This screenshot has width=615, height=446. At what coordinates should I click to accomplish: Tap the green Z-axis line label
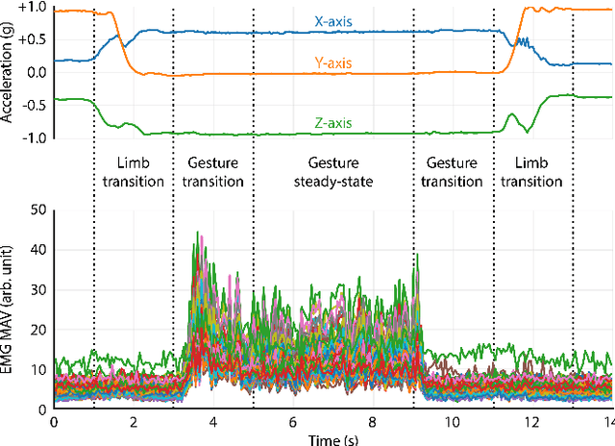click(332, 123)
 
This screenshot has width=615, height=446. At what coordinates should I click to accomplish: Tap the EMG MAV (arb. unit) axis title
click(12, 309)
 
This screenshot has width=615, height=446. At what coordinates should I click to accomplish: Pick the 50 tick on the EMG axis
click(38, 209)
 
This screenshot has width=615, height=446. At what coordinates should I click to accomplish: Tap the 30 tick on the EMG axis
click(38, 288)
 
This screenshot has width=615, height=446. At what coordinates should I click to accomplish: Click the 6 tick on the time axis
click(293, 421)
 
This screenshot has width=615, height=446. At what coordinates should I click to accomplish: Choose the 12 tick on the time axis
click(533, 421)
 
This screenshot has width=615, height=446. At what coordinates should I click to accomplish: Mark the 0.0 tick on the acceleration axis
click(36, 73)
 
